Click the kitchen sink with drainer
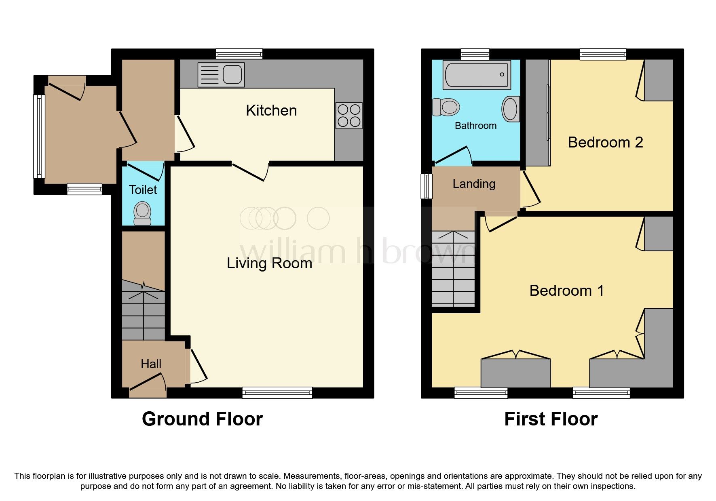tap(221, 75)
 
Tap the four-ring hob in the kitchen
tap(348, 116)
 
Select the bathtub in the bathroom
tap(476, 75)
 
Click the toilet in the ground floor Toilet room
tap(142, 213)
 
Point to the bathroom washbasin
tap(511, 109)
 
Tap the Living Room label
tap(269, 263)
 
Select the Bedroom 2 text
tap(605, 142)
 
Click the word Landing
tap(474, 184)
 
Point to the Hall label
tap(151, 364)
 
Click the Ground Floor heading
tap(202, 419)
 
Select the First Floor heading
tap(551, 419)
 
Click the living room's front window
tap(277, 392)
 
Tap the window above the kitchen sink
tap(239, 54)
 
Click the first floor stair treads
tap(453, 269)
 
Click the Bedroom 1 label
tap(566, 290)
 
